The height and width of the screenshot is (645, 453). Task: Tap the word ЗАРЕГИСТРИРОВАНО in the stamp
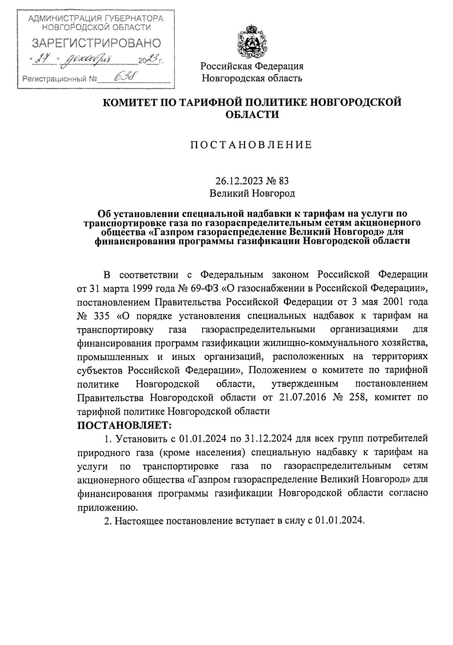96,43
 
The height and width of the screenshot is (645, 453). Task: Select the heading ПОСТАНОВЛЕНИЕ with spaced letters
251,145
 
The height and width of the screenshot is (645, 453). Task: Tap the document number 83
284,181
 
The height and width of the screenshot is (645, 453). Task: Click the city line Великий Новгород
252,194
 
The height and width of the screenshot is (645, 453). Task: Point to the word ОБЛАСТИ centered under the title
252,114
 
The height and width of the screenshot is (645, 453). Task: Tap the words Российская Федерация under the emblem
252,66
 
